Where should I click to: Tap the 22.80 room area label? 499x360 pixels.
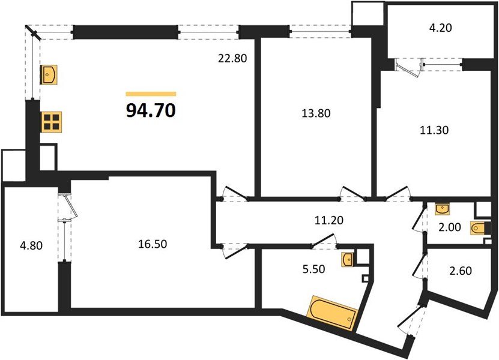click(232, 58)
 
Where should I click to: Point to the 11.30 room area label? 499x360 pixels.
click(434, 128)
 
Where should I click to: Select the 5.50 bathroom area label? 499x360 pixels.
click(313, 269)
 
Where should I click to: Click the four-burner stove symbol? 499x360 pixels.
click(51, 122)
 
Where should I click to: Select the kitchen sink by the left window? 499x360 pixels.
click(48, 74)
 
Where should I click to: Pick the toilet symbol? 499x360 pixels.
click(480, 229)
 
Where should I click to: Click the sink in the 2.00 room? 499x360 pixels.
click(443, 208)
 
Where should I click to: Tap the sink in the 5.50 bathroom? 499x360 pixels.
click(348, 259)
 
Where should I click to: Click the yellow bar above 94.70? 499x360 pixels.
click(151, 94)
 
